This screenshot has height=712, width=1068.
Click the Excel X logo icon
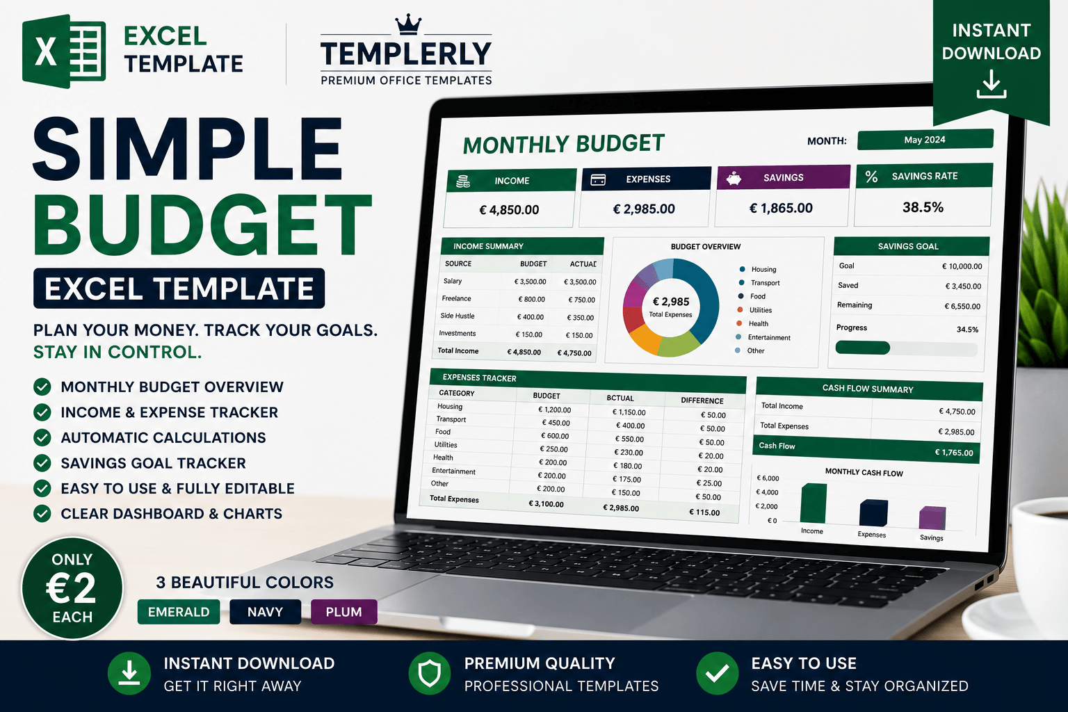click(64, 51)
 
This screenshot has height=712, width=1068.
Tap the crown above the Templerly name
click(408, 24)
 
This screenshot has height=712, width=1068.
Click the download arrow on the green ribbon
click(992, 84)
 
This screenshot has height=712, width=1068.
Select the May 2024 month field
click(925, 140)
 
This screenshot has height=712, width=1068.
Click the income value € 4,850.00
click(509, 210)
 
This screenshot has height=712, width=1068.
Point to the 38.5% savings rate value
click(923, 207)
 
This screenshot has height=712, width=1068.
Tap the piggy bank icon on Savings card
click(734, 179)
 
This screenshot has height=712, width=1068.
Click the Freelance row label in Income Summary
click(456, 298)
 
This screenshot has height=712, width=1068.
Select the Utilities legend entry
click(756, 310)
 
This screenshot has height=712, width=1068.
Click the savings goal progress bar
click(907, 348)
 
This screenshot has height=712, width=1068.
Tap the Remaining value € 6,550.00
click(962, 306)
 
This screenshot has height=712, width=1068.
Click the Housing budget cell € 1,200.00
click(554, 410)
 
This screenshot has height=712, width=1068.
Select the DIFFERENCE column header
click(702, 400)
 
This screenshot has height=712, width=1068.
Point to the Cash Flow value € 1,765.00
click(953, 452)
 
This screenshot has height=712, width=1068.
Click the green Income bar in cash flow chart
click(814, 503)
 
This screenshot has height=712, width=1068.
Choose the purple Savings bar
click(932, 518)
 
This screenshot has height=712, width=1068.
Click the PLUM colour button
click(343, 612)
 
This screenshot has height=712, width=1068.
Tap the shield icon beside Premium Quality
click(430, 673)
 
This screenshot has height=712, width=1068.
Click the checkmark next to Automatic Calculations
click(42, 437)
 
